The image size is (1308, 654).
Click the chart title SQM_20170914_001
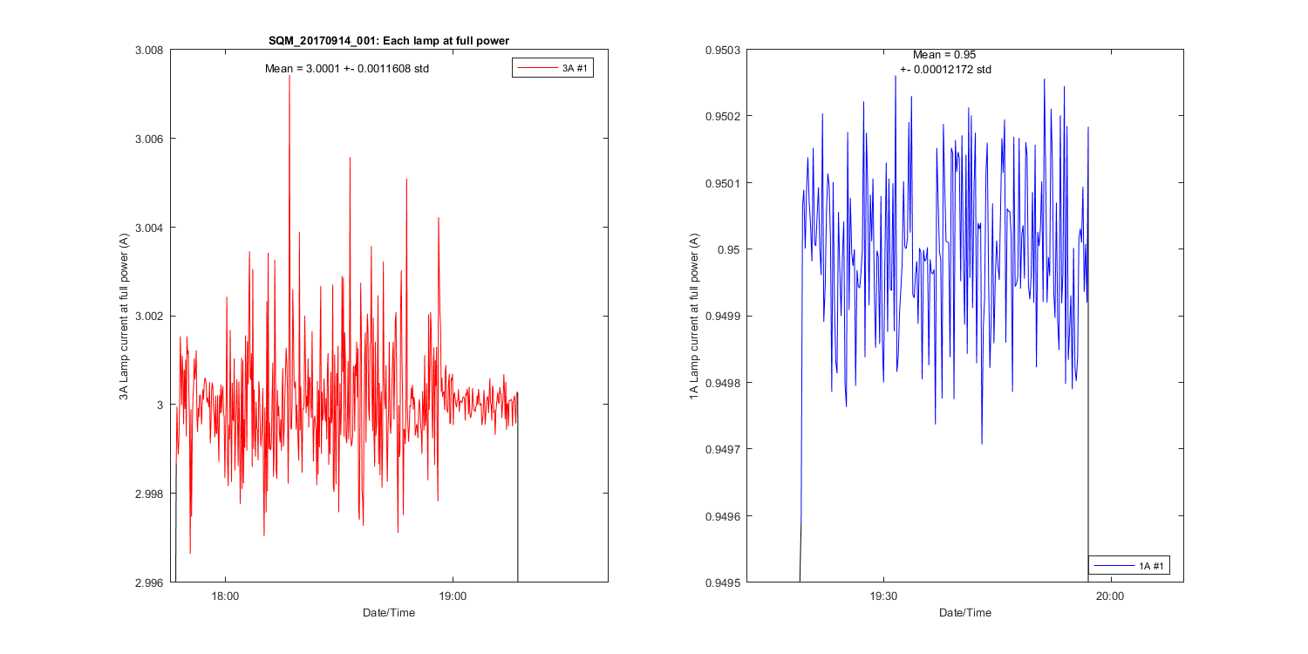point(389,40)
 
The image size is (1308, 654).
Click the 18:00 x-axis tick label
point(226,597)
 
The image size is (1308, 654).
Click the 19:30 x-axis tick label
point(883,597)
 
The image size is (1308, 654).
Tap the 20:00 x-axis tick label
point(1109,597)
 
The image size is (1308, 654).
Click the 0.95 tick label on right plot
point(732,250)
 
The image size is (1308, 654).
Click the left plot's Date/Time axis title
point(389,613)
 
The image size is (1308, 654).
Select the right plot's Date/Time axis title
point(965,613)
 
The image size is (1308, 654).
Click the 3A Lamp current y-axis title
point(125,317)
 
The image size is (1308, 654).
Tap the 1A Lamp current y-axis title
point(695,317)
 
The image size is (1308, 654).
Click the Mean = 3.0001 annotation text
point(347,68)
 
